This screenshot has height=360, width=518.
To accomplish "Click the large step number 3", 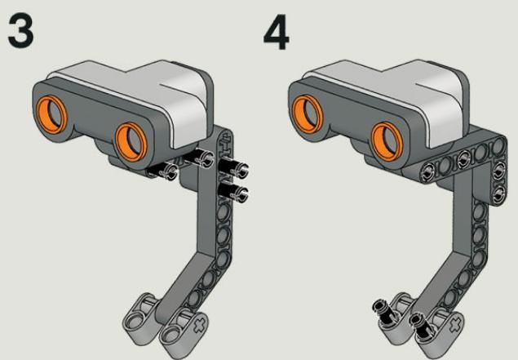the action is tap(20, 32).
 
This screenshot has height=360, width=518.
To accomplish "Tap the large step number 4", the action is tap(277, 32).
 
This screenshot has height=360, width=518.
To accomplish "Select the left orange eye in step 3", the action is tap(51, 114).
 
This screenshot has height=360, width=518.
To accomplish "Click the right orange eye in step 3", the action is tap(131, 142).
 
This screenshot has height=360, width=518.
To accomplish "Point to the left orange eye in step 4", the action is tap(308, 113).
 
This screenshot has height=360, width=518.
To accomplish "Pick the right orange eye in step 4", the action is tap(387, 141).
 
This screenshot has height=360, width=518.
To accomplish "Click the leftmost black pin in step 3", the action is tap(163, 171).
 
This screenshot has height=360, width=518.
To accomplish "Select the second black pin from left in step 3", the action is tap(200, 158).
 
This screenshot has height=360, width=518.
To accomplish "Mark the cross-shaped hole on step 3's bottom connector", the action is tap(200, 325).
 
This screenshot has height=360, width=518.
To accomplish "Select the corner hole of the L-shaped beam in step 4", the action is tap(498, 145).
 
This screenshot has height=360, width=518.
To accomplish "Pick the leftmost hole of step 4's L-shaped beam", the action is tap(427, 171).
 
